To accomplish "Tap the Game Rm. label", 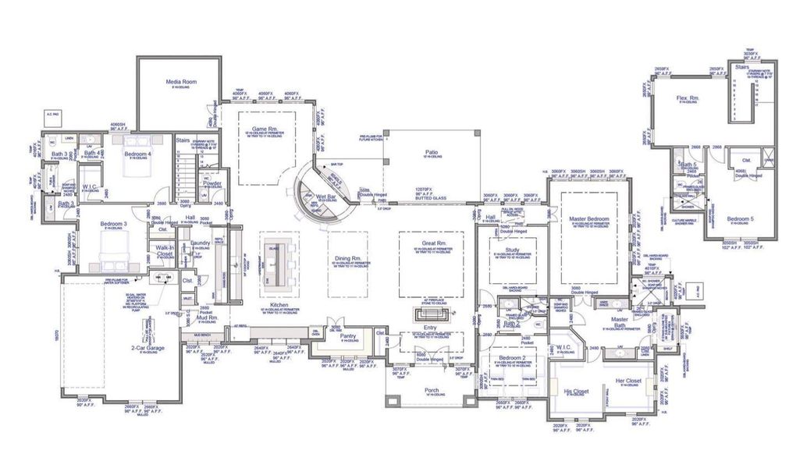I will pyautogui.click(x=265, y=129).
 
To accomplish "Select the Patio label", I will pyautogui.click(x=431, y=152).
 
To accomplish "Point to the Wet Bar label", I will pyautogui.click(x=326, y=197).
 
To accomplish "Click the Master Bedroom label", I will pyautogui.click(x=588, y=219).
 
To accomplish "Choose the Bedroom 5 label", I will pyautogui.click(x=741, y=219).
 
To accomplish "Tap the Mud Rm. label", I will pyautogui.click(x=206, y=318).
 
